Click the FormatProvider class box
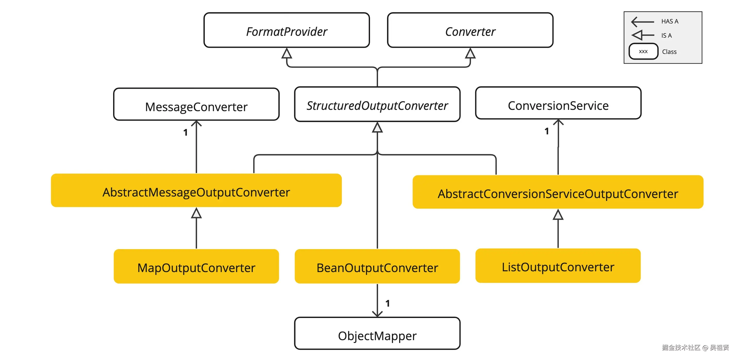tap(287, 30)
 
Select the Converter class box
tap(470, 30)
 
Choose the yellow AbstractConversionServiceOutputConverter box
tap(558, 192)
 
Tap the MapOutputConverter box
tap(196, 267)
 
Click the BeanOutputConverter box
tap(377, 267)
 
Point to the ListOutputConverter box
tap(558, 266)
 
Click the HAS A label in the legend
tap(669, 21)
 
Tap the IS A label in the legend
tap(666, 36)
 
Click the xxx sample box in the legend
tap(643, 52)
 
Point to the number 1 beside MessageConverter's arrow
tap(185, 132)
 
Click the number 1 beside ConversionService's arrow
tap(547, 131)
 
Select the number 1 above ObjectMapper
tap(388, 303)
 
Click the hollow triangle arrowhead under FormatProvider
tap(287, 54)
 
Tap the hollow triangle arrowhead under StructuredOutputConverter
tap(377, 128)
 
